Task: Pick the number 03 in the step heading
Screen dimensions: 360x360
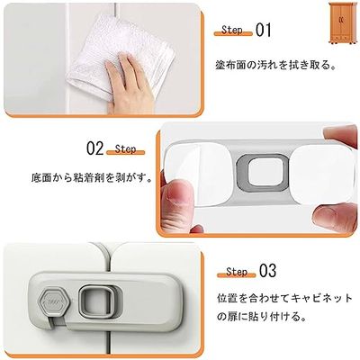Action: pyautogui.click(x=266, y=270)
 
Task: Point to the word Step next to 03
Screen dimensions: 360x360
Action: pyautogui.click(x=237, y=271)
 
